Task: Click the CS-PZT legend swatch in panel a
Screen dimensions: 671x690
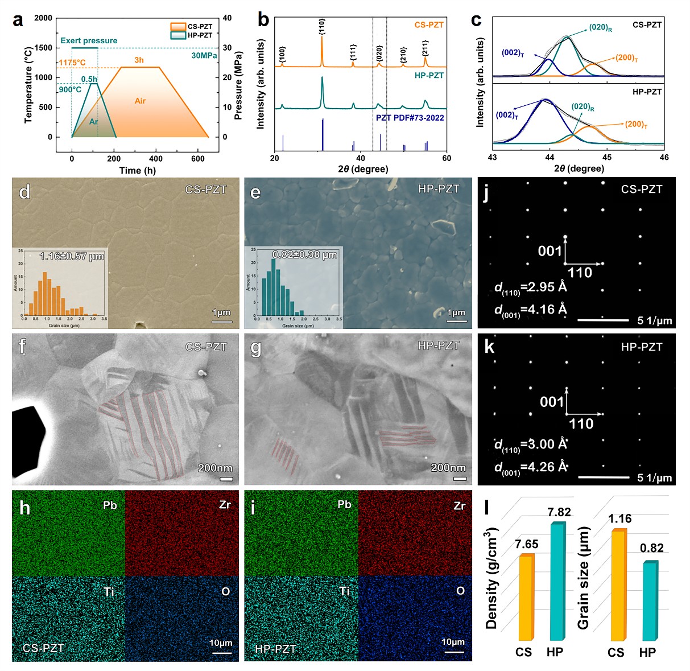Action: (x=178, y=26)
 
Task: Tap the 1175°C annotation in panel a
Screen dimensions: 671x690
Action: (x=72, y=63)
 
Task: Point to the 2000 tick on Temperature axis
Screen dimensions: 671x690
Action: (x=43, y=18)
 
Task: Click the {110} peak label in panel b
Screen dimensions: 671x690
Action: (x=322, y=26)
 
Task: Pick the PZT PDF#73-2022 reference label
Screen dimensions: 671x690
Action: (x=410, y=118)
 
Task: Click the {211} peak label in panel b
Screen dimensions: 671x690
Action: (x=425, y=48)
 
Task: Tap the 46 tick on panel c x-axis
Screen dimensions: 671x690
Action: (x=664, y=158)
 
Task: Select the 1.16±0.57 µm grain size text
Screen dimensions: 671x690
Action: (x=72, y=257)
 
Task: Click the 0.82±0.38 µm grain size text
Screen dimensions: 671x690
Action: (x=304, y=254)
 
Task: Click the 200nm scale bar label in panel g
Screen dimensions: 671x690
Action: (x=448, y=468)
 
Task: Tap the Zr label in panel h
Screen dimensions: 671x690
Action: (x=225, y=505)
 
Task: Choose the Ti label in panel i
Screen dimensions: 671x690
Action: (x=344, y=591)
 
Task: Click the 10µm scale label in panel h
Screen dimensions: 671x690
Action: (x=221, y=643)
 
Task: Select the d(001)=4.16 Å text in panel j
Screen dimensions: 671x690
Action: (x=531, y=310)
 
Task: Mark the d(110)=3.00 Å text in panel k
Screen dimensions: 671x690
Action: (x=531, y=444)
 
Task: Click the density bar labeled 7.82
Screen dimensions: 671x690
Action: (x=557, y=581)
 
